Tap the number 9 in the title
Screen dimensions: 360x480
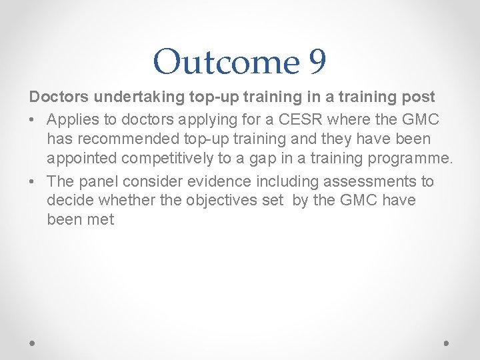(317, 61)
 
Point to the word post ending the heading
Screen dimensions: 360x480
(418, 97)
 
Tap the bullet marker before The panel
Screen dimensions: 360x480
(33, 182)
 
